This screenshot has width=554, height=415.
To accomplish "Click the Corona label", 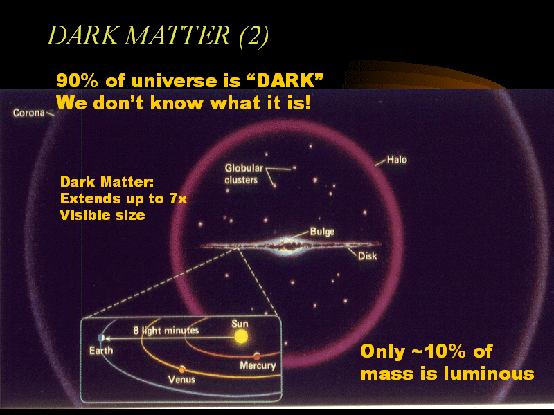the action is [29, 113].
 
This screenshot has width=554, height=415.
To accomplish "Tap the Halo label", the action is [397, 160].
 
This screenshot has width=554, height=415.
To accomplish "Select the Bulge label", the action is [322, 232].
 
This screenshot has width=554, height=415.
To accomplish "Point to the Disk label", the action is [368, 256].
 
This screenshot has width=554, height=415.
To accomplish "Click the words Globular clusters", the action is [244, 174].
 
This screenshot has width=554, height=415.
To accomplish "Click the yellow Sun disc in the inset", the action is [241, 336].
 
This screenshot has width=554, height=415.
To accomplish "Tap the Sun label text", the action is [240, 324].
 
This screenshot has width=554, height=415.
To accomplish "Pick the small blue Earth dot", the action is [101, 338].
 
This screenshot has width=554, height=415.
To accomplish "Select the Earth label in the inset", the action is [101, 351].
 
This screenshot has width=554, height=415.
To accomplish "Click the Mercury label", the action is [258, 365].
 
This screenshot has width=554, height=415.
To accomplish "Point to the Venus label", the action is [181, 379].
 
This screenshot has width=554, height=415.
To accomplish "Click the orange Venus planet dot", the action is [182, 369].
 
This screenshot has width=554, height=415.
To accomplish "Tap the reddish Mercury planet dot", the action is [257, 356].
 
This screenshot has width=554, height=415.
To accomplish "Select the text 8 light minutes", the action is [166, 331].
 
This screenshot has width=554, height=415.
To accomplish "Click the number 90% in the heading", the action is [77, 81].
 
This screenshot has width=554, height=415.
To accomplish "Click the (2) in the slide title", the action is [253, 36].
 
